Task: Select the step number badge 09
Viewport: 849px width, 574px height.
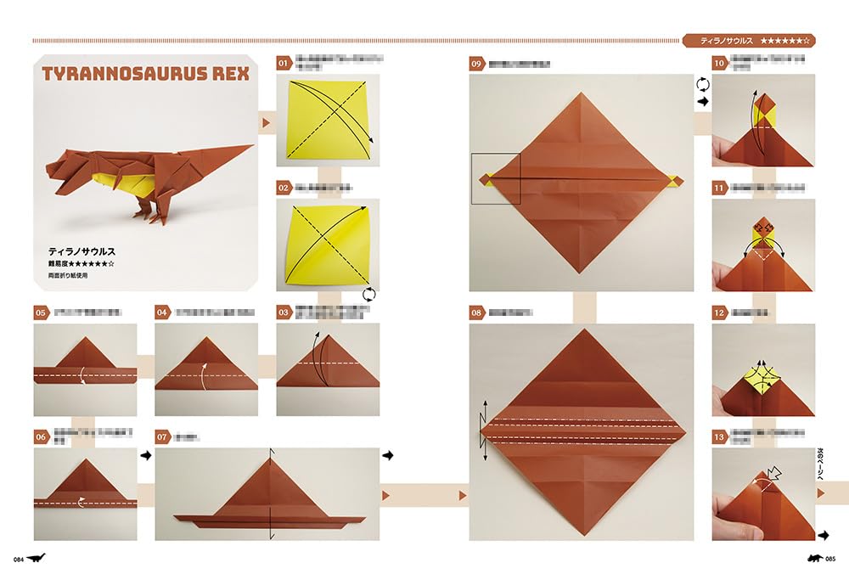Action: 477,63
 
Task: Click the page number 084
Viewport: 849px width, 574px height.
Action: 17,559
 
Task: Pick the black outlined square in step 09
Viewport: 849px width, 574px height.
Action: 496,178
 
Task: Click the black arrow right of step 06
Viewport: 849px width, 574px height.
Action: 145,456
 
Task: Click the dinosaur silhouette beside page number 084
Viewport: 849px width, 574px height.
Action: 37,558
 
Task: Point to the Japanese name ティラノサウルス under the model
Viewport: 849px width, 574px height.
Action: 82,251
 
